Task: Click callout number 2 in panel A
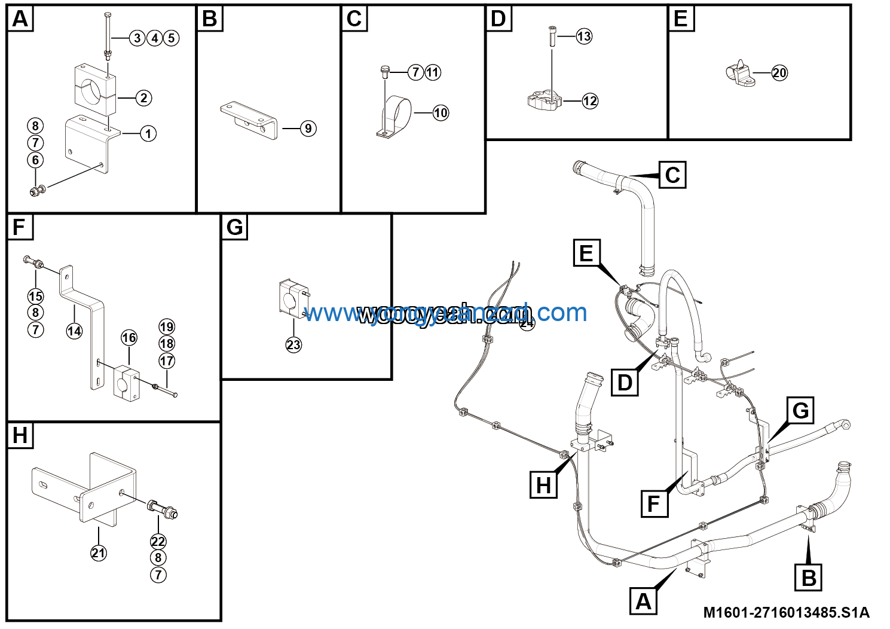143,98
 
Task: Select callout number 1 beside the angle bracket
148,133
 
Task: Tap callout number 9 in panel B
308,129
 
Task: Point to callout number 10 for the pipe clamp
441,113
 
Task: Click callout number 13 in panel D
584,36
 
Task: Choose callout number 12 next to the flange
590,101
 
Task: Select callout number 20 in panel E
779,73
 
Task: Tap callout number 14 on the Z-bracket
74,331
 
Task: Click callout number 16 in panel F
129,338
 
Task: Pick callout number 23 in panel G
293,345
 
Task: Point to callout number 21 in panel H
99,553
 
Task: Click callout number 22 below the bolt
158,542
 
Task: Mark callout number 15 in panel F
36,296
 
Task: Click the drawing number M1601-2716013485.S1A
786,612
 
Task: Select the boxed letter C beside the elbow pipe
672,175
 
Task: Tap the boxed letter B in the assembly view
809,578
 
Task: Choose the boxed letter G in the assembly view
800,411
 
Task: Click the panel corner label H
20,435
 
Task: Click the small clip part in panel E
739,74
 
